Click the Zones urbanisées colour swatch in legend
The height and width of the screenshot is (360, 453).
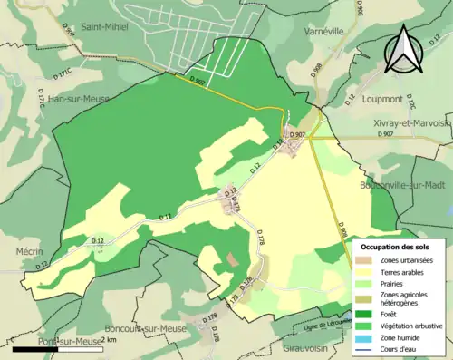364,260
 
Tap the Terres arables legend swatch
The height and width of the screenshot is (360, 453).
364,271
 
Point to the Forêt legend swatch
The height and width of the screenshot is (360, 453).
364,314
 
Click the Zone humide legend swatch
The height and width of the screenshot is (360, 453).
364,336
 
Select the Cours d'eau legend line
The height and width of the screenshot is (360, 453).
364,348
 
